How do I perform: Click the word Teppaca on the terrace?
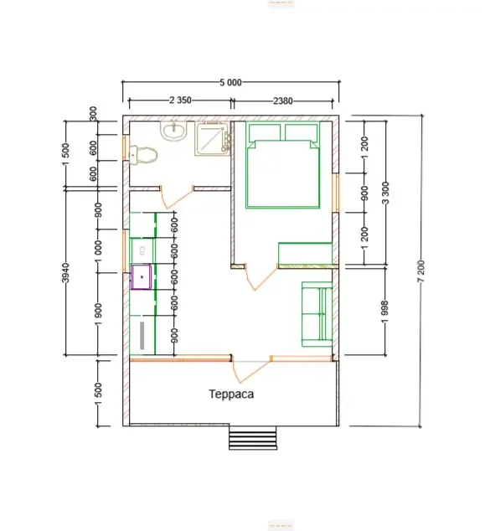click(231, 394)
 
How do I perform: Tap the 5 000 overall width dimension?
click(230, 82)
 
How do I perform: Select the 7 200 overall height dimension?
click(420, 271)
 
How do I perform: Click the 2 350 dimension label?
click(180, 101)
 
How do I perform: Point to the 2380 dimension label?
click(283, 101)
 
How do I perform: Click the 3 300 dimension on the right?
click(385, 193)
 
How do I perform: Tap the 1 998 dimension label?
click(384, 312)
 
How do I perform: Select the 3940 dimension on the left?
click(66, 272)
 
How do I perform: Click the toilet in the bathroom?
click(143, 155)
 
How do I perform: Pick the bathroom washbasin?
click(174, 131)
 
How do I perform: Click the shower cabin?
click(213, 139)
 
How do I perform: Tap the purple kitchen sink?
click(142, 277)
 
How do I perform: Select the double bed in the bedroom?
click(283, 165)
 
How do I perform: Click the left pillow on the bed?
click(265, 132)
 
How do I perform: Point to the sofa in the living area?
click(317, 315)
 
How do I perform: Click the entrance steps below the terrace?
click(253, 438)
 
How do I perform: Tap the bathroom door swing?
click(177, 197)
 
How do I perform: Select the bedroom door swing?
click(261, 277)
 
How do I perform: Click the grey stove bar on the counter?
click(142, 335)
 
